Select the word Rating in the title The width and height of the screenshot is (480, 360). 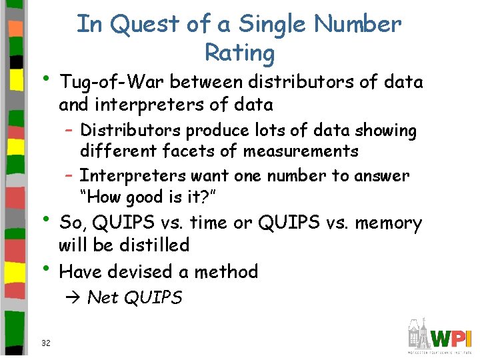coord(240,53)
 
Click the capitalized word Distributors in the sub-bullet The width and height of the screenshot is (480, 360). coord(131,131)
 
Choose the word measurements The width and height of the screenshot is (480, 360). coord(301,151)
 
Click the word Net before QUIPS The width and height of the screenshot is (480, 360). coord(102,297)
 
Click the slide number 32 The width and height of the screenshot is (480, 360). coord(46,343)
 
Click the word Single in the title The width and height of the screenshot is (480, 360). coord(273,25)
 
